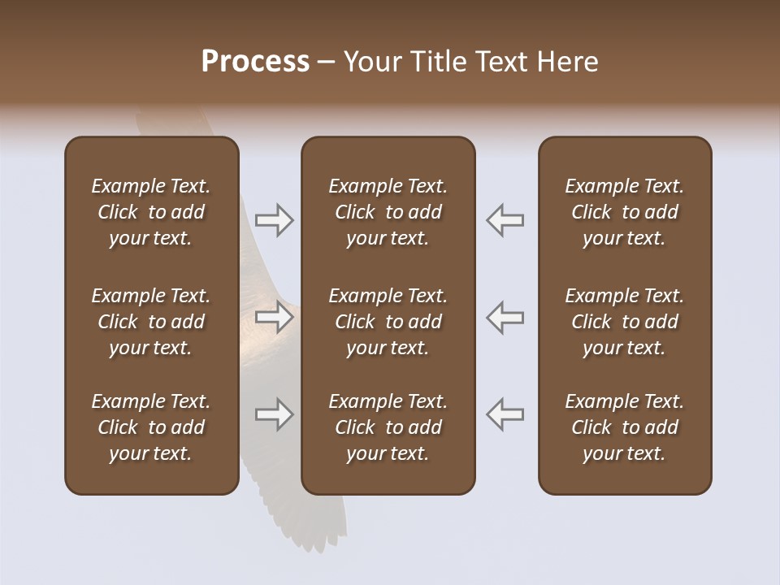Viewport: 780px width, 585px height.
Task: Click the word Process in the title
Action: (x=255, y=62)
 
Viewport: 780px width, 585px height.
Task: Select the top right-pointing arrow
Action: (x=274, y=220)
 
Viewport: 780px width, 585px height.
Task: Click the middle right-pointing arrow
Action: (x=274, y=318)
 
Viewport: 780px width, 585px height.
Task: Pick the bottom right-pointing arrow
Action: (x=274, y=415)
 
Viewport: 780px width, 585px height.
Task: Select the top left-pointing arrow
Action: (x=505, y=220)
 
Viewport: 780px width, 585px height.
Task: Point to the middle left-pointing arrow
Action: (x=505, y=318)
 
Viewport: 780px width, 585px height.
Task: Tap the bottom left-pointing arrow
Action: (x=505, y=415)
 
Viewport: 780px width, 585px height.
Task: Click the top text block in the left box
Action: (x=151, y=212)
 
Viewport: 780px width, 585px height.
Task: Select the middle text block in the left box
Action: (x=151, y=322)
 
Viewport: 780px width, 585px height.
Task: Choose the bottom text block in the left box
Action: (x=151, y=427)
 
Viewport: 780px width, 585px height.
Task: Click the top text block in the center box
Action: (x=388, y=212)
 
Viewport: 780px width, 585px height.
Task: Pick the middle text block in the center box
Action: (x=388, y=322)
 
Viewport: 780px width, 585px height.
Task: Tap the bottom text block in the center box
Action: (x=388, y=427)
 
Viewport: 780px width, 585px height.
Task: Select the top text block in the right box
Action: (x=624, y=212)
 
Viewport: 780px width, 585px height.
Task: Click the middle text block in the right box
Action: (x=624, y=322)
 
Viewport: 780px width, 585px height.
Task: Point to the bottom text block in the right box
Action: (x=624, y=427)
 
